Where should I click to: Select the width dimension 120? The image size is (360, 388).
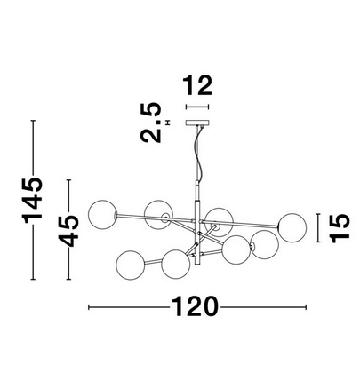coord(195,306)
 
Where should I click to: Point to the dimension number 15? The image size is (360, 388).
coord(340,228)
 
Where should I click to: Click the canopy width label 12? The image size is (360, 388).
coord(197,85)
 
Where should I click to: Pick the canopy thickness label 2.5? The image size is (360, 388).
coord(151,123)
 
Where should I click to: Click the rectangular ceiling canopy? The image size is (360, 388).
coord(197,123)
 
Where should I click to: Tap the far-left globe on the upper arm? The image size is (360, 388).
coord(103,215)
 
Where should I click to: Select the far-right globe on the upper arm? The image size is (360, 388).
coord(292,227)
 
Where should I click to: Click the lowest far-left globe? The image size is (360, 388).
coord(130,265)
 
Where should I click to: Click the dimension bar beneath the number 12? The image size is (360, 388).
coord(197,107)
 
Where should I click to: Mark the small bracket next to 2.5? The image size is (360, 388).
coord(168,123)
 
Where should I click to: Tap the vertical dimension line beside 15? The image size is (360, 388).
coord(318,228)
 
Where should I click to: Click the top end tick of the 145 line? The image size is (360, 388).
coord(33,121)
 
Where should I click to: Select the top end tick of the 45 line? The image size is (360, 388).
coord(68,180)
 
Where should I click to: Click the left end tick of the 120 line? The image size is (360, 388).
coord(89,307)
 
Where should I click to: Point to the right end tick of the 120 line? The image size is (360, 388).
coord(306,307)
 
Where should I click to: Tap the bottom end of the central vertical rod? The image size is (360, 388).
coord(197,265)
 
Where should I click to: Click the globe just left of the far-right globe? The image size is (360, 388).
coord(265,244)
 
